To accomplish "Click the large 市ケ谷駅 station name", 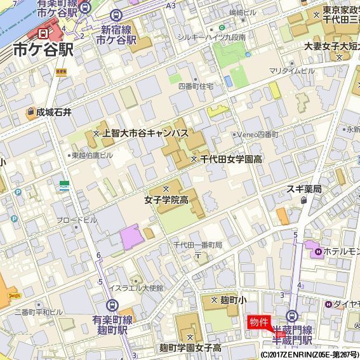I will click(43, 50).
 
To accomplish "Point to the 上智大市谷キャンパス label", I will click(145, 133).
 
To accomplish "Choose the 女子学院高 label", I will click(166, 200).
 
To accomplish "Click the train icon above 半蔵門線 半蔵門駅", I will click(292, 316).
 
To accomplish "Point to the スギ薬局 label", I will click(304, 189).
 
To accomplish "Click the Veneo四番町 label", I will click(257, 135).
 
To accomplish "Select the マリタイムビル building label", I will click(291, 70).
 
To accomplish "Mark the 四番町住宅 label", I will click(195, 84).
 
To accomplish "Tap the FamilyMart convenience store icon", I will click(65, 185).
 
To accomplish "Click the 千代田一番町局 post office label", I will click(198, 245).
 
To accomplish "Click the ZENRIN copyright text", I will click(309, 354).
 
